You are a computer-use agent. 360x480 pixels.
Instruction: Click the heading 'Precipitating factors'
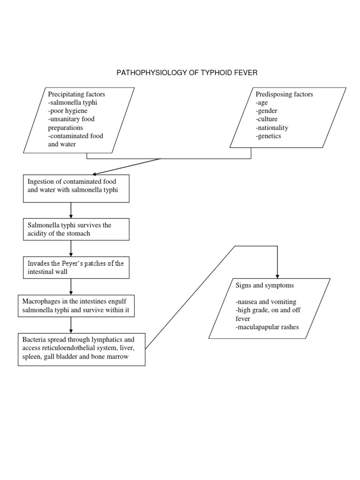[x=77, y=94]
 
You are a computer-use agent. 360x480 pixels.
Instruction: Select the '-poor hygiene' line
[x=67, y=111]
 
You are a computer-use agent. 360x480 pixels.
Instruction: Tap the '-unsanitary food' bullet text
[x=71, y=119]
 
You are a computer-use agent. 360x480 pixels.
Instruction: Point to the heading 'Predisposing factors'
[x=284, y=94]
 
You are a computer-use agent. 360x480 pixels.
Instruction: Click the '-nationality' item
[x=272, y=127]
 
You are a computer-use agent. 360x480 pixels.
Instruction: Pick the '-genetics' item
[x=269, y=136]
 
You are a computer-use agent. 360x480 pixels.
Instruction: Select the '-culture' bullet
[x=267, y=119]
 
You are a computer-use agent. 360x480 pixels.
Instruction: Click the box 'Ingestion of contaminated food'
[x=76, y=188]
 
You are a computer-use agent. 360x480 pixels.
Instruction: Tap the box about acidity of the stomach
[x=76, y=229]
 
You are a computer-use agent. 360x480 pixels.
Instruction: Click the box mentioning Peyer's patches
[x=76, y=267]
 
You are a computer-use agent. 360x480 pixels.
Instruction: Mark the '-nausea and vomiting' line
[x=266, y=301]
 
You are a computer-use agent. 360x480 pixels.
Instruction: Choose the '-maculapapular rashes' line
[x=267, y=327]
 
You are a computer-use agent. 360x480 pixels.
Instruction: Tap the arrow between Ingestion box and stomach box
[x=71, y=210]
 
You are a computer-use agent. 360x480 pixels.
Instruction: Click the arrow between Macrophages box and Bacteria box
[x=71, y=324]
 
